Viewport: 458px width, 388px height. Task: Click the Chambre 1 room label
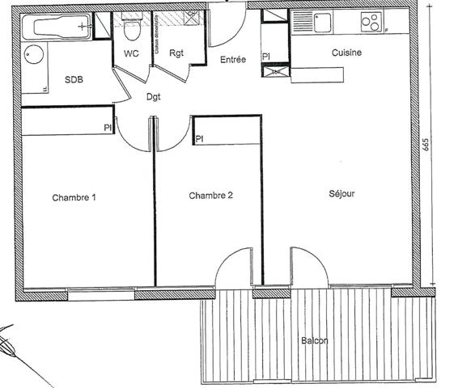pos(74,197)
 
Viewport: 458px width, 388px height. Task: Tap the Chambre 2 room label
pos(211,196)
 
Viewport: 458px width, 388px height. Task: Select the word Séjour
pos(342,194)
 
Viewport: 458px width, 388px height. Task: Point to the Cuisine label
pos(346,53)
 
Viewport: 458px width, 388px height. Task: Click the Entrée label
pos(234,60)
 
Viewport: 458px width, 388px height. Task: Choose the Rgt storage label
pos(176,53)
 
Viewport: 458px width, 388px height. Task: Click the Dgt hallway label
pos(153,97)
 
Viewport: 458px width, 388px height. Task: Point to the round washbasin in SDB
pos(33,55)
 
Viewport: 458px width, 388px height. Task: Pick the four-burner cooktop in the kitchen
pos(373,23)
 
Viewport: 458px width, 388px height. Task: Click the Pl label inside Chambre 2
pos(199,139)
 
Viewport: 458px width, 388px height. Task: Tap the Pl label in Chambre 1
pos(107,127)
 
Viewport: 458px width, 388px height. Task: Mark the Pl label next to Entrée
pos(266,56)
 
